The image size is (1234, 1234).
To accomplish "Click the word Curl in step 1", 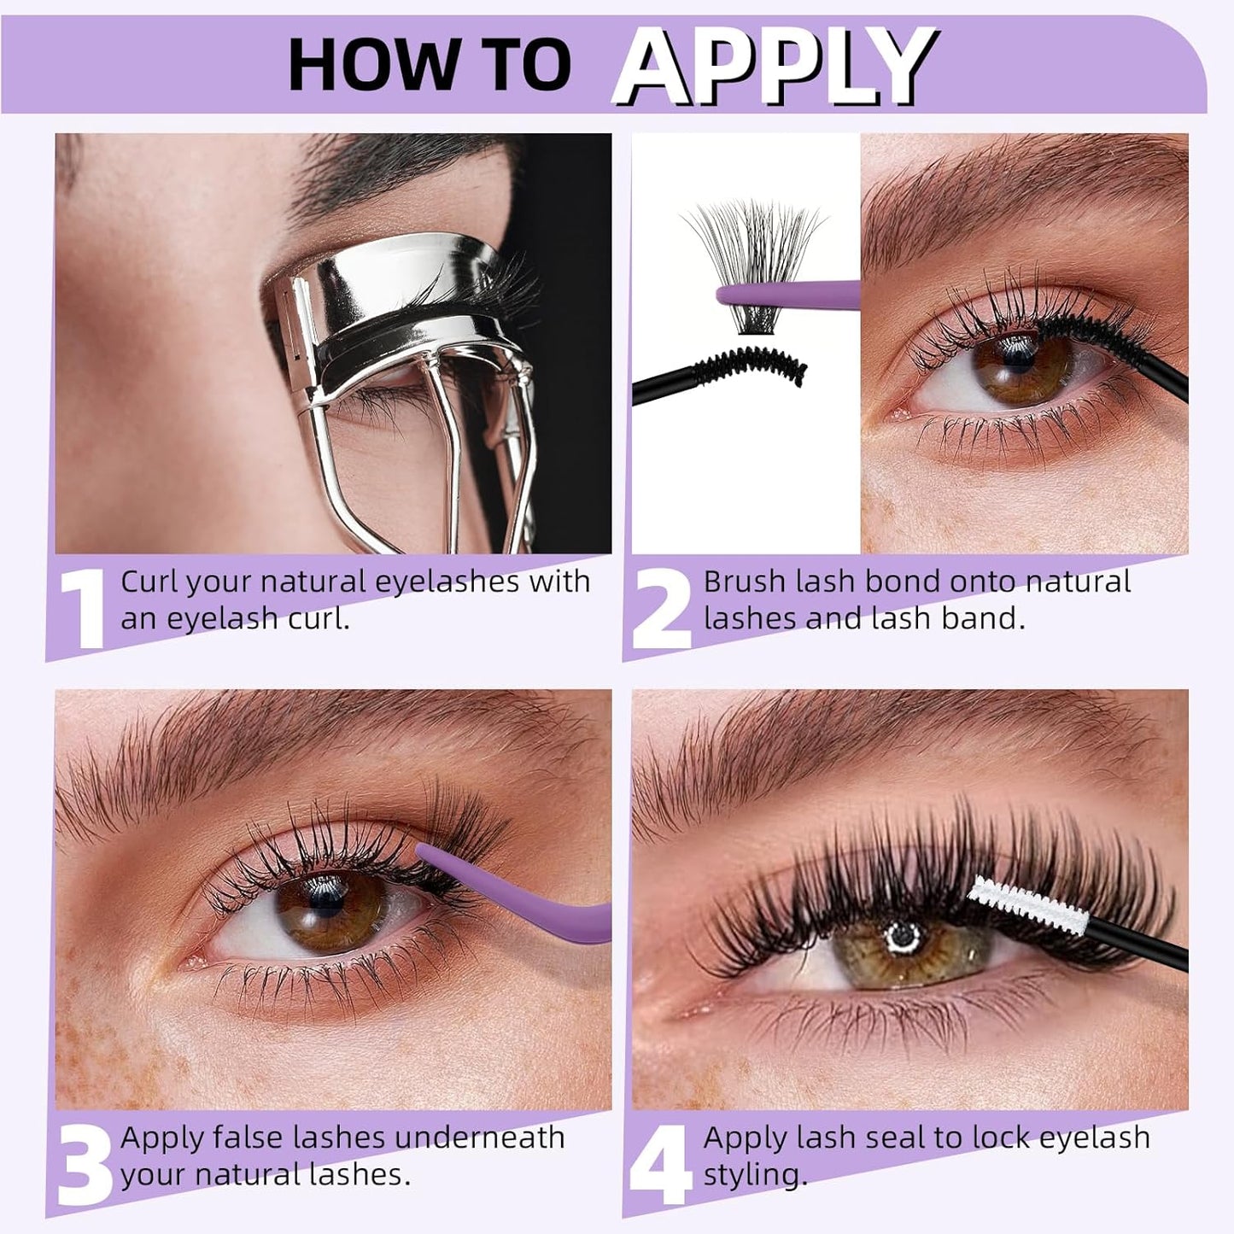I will pyautogui.click(x=149, y=582).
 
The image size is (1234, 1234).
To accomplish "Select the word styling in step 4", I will pyautogui.click(x=755, y=1176).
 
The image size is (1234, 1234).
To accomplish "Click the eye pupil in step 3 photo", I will pyautogui.click(x=329, y=908).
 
